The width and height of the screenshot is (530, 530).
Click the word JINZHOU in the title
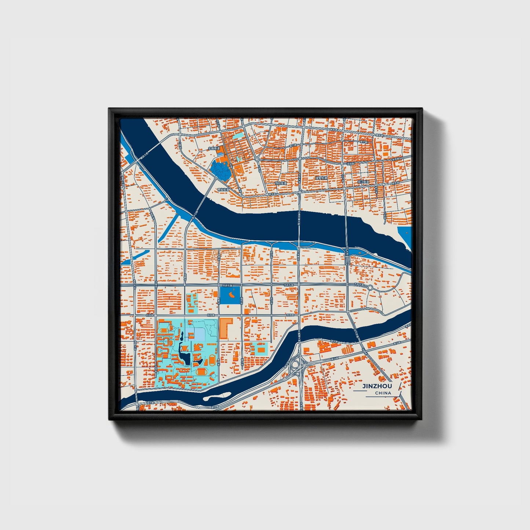coord(377,386)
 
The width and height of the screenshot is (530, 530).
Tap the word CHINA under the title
coord(383,393)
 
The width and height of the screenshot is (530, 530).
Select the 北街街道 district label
coord(213,149)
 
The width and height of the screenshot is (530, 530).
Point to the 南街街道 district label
coord(223,190)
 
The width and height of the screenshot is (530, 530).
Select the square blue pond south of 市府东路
coord(230,295)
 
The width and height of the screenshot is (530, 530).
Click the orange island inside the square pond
coord(232,294)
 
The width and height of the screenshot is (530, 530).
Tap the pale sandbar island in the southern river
coord(217,396)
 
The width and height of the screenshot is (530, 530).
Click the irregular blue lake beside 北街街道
coord(220,171)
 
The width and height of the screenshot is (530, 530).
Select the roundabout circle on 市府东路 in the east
coord(370,287)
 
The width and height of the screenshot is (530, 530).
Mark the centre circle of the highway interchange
coord(295,365)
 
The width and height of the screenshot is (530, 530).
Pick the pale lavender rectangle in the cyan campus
coord(195,334)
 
